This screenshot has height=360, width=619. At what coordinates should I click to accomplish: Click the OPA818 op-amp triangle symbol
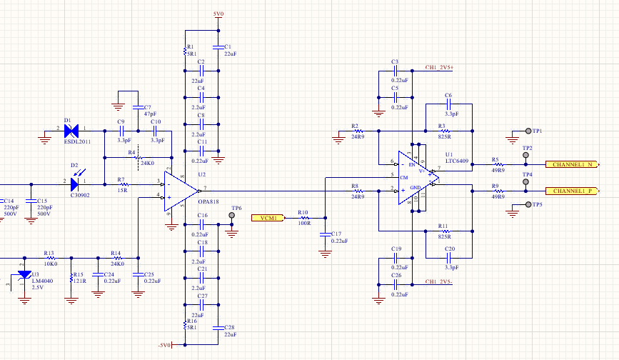[x=183, y=189]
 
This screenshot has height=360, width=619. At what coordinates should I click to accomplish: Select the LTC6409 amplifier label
[x=456, y=161]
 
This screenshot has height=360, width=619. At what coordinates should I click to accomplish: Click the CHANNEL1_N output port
[x=571, y=164]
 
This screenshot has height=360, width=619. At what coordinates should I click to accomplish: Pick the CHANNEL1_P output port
[x=571, y=191]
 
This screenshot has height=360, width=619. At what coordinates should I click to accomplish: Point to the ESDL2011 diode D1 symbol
[x=71, y=131]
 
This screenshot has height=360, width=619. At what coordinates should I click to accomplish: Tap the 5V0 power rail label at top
[x=218, y=14]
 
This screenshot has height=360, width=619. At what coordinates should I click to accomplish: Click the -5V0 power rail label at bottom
[x=164, y=345]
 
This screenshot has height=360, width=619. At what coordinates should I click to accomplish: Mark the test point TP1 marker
[x=528, y=131]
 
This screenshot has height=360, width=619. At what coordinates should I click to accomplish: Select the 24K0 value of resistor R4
[x=148, y=163]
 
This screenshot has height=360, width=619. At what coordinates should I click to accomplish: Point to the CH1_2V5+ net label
[x=444, y=68]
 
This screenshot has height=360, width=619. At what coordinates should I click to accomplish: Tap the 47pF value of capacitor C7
[x=150, y=114]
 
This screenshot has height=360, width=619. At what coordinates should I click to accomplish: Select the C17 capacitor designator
[x=336, y=234]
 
